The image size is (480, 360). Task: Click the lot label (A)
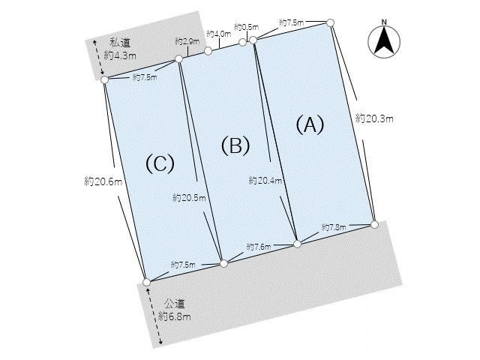pyautogui.click(x=310, y=125)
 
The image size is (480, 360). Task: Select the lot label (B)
pyautogui.click(x=235, y=145)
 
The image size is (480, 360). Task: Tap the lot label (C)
pyautogui.click(x=160, y=163)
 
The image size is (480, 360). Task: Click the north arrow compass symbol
pyautogui.click(x=384, y=40)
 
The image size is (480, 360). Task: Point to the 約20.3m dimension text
pyautogui.click(x=374, y=118)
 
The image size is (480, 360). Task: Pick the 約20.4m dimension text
pyautogui.click(x=265, y=180)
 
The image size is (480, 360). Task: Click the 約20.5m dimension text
pyautogui.click(x=189, y=198)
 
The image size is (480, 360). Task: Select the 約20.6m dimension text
pyautogui.click(x=103, y=181)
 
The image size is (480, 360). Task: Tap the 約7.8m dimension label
pyautogui.click(x=334, y=227)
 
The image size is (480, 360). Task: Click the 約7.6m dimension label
pyautogui.click(x=259, y=247)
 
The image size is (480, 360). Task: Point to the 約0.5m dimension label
pyautogui.click(x=247, y=27)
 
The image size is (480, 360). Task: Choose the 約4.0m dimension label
pyautogui.click(x=219, y=34)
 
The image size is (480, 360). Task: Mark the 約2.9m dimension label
pyautogui.click(x=187, y=41)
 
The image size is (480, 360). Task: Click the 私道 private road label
pyautogui.click(x=120, y=43)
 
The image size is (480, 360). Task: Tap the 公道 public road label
pyautogui.click(x=175, y=304)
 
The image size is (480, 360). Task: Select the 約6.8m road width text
pyautogui.click(x=175, y=316)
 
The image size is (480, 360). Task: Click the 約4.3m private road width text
pyautogui.click(x=120, y=55)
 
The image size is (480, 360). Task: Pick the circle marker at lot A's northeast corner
pyautogui.click(x=330, y=22)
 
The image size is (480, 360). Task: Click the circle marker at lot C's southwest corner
pyautogui.click(x=147, y=282)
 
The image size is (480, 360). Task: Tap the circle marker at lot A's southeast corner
pyautogui.click(x=374, y=224)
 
